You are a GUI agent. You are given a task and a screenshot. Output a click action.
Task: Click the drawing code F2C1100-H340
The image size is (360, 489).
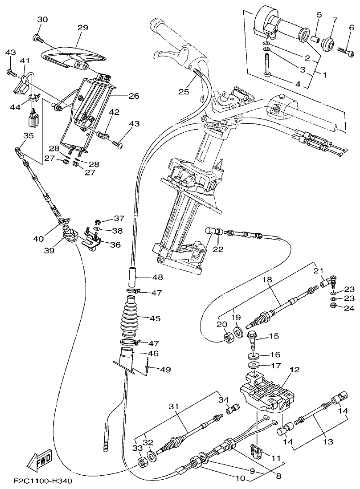tap(42, 481)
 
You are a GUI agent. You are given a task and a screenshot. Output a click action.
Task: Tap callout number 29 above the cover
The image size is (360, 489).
tap(83, 28)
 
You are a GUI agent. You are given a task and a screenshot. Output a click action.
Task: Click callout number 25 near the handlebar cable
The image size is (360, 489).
tap(184, 92)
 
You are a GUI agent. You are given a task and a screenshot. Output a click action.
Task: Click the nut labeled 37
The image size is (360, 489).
tap(98, 221)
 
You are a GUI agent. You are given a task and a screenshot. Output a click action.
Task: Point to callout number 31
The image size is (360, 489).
tap(173, 406)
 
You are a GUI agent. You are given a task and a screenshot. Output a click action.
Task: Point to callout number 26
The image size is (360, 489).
tap(134, 96)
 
